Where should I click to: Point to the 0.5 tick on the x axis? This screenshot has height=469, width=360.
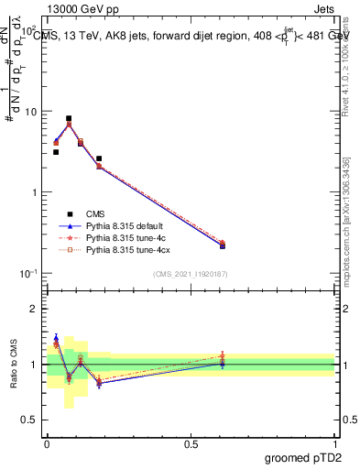pos(191,442)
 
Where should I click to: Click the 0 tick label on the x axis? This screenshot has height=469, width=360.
pos(47,442)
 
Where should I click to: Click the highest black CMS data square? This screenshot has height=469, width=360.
pos(69,118)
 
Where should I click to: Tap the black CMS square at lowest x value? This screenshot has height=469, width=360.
pos(56,152)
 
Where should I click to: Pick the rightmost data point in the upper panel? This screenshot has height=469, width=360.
pos(223,245)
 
